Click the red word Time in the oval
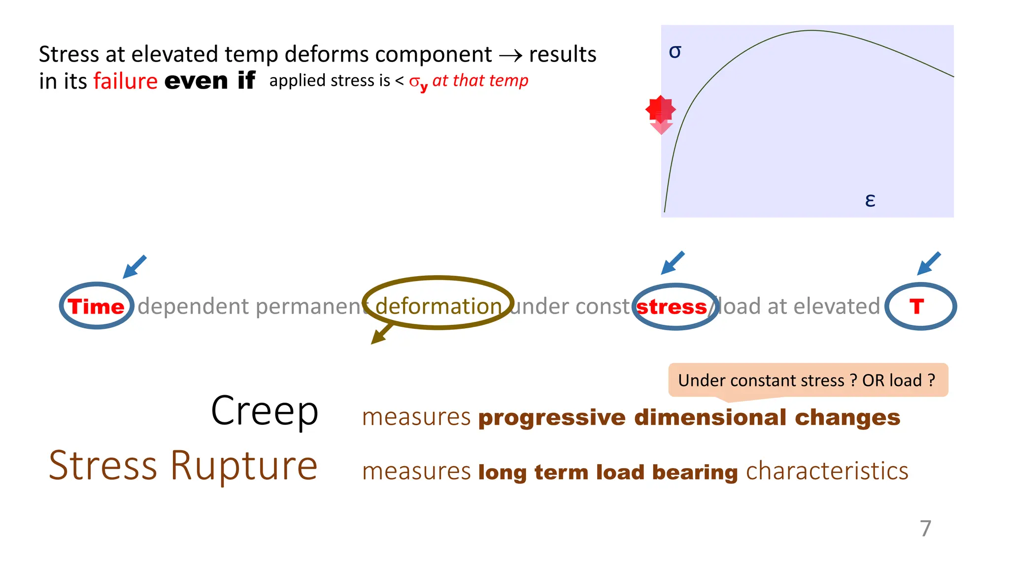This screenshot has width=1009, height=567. coord(96,307)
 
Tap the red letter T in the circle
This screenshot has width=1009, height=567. coord(916,307)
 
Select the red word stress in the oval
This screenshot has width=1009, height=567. coord(672,307)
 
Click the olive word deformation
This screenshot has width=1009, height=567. coord(438,306)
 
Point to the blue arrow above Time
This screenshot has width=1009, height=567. coord(135,267)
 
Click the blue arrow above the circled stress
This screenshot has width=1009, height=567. coord(673,263)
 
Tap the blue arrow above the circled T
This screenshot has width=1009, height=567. coord(929,263)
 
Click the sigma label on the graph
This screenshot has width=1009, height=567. coord(675,52)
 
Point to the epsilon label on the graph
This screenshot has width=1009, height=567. coord(870,200)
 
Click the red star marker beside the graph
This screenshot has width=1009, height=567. coord(660,110)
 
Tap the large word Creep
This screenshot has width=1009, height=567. coord(265,411)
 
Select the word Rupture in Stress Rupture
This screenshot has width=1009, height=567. coord(244,466)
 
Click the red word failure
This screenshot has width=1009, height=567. coord(126,81)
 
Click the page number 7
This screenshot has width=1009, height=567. coord(926,529)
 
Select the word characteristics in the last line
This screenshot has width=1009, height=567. coord(827,471)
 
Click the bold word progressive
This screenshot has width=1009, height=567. coord(552,418)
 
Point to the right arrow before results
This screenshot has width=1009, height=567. coord(510,56)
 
